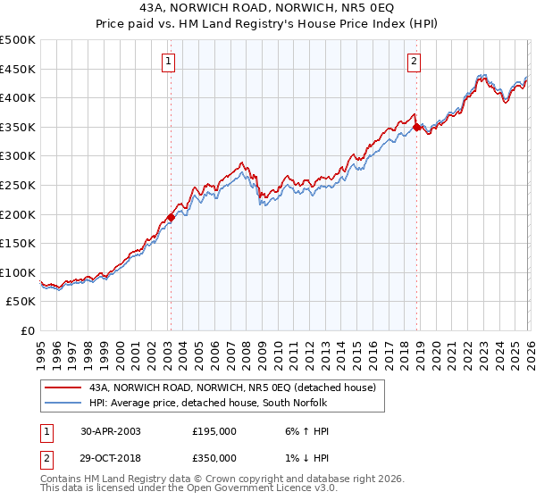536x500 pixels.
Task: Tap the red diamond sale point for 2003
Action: click(x=171, y=217)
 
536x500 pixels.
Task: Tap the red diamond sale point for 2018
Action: click(x=416, y=128)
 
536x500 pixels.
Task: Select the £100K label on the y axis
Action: click(x=18, y=272)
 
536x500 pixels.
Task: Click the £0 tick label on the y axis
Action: click(x=27, y=330)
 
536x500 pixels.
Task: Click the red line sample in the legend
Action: click(x=63, y=388)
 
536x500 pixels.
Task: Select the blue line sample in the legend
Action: click(x=63, y=403)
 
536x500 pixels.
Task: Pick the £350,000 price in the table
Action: click(x=214, y=457)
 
